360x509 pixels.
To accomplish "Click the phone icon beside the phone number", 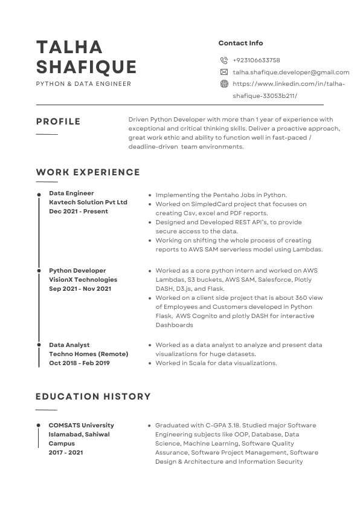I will (x=224, y=60).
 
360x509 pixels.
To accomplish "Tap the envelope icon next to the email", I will (x=224, y=72).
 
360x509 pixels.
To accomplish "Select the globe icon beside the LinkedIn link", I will (x=224, y=84).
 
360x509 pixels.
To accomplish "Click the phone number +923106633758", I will (x=256, y=60).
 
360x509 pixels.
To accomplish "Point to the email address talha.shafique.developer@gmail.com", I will (x=291, y=73).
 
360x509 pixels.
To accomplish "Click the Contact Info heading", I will (x=240, y=43).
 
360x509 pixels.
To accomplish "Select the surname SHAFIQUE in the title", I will (x=86, y=66).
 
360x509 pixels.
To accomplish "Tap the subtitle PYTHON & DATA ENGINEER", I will (x=83, y=84).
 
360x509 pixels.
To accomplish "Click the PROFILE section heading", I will (x=58, y=122).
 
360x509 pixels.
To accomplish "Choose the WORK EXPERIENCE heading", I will (x=88, y=172).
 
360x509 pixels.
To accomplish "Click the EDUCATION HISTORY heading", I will (x=93, y=397).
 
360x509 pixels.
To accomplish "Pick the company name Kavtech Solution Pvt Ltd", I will (x=88, y=203).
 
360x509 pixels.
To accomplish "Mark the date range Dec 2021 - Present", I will (x=79, y=212).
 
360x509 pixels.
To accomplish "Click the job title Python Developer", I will (x=77, y=271).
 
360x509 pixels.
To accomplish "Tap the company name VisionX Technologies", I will (x=83, y=280).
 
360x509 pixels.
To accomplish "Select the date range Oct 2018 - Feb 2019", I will (x=79, y=363).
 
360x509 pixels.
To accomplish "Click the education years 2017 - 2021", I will (x=66, y=452).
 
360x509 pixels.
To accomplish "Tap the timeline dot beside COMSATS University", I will (x=39, y=426).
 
